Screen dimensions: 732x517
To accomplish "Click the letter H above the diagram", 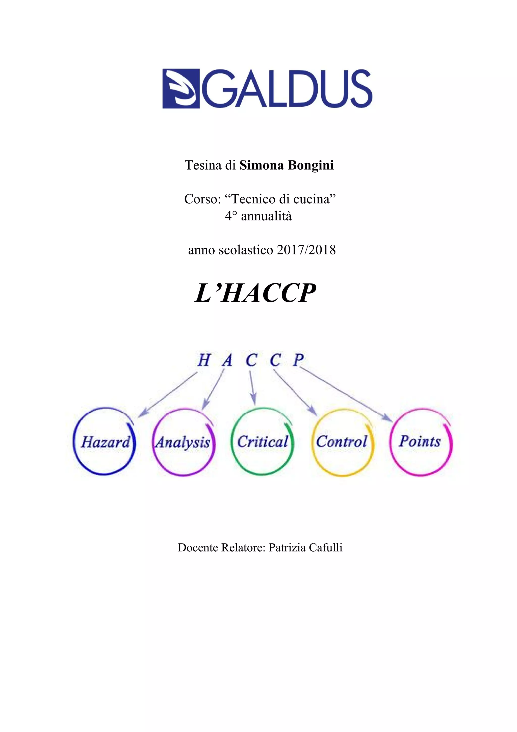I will click(x=204, y=361).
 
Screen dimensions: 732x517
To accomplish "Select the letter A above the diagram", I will click(x=227, y=361).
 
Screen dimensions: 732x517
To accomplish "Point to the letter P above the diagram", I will click(x=298, y=360).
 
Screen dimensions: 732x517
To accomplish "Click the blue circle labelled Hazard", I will click(x=105, y=442).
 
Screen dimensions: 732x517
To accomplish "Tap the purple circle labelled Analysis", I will click(x=184, y=442).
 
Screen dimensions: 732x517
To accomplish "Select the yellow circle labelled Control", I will click(x=342, y=442).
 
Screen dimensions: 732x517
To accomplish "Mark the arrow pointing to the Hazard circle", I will click(x=168, y=395).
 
